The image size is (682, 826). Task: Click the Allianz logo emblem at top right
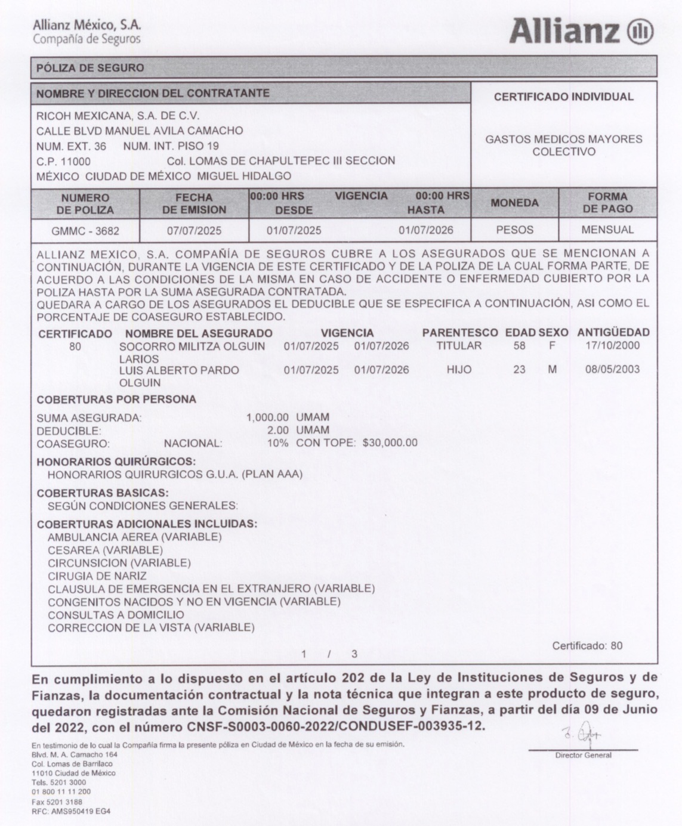pos(640,31)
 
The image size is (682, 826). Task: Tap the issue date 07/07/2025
pos(194,230)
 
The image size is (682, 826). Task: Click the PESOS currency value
pos(514,230)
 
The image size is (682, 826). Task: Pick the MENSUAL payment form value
pos(607,230)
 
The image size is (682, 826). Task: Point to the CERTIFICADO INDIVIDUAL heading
pos(563,97)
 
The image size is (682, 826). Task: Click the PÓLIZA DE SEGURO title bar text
pos(90,68)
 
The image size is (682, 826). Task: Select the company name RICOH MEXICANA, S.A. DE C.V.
pos(118,116)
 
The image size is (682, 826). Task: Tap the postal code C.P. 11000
pos(64,161)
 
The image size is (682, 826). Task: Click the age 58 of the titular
pos(519,346)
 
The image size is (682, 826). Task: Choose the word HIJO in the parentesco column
pos(459,370)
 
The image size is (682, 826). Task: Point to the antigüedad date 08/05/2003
pos(612,369)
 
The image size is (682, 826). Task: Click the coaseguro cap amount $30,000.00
pos(390,443)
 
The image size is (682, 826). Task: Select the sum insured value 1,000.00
pos(267,417)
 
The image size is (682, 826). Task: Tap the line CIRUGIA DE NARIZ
pos(97,576)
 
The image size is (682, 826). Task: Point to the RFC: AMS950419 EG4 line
pos(71,811)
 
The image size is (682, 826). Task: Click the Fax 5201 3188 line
pos(57,802)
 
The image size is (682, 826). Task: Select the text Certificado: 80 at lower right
pos(587,645)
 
